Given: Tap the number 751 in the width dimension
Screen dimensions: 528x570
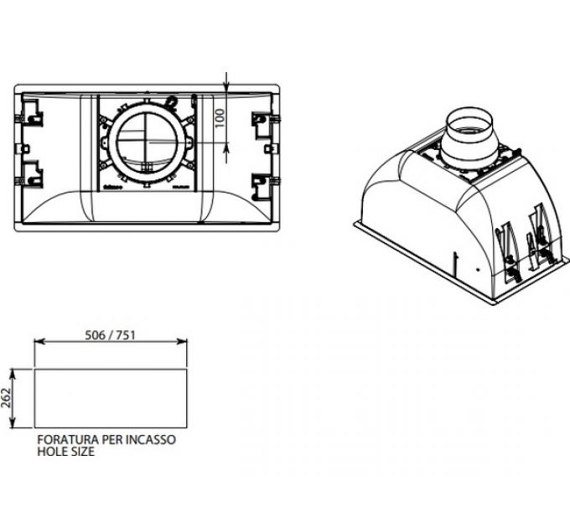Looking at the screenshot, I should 126,334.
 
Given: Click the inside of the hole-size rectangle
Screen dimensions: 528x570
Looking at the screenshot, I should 110,398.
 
